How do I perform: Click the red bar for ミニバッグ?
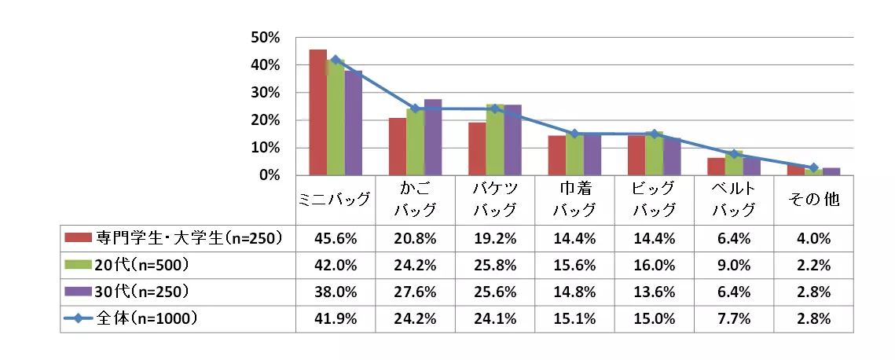pos(317,112)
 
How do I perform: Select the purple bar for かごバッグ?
pos(433,138)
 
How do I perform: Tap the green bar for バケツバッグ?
pos(495,140)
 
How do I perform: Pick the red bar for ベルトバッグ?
pos(716,166)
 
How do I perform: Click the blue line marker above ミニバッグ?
pos(336,60)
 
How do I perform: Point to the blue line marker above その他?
pos(813,167)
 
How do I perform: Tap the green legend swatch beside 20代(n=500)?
pos(79,264)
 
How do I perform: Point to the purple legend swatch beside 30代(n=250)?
pos(79,292)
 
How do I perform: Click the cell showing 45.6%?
pos(335,236)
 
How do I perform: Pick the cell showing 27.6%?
pos(415,292)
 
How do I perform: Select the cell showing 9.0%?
pos(734,264)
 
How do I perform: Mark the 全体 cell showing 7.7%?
pos(734,319)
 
